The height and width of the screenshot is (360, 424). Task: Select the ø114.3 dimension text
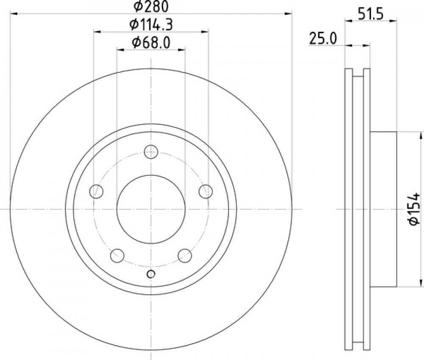click(151, 25)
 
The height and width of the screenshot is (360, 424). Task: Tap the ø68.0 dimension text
click(151, 43)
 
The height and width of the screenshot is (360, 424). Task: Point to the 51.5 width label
click(371, 14)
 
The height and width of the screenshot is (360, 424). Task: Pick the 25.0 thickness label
click(323, 39)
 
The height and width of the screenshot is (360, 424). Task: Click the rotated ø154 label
click(414, 209)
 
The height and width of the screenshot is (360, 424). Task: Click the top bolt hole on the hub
click(151, 152)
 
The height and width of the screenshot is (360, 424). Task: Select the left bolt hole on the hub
click(96, 191)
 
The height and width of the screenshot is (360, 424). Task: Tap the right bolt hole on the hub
click(206, 191)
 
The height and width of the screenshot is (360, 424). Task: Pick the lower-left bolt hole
click(117, 255)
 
